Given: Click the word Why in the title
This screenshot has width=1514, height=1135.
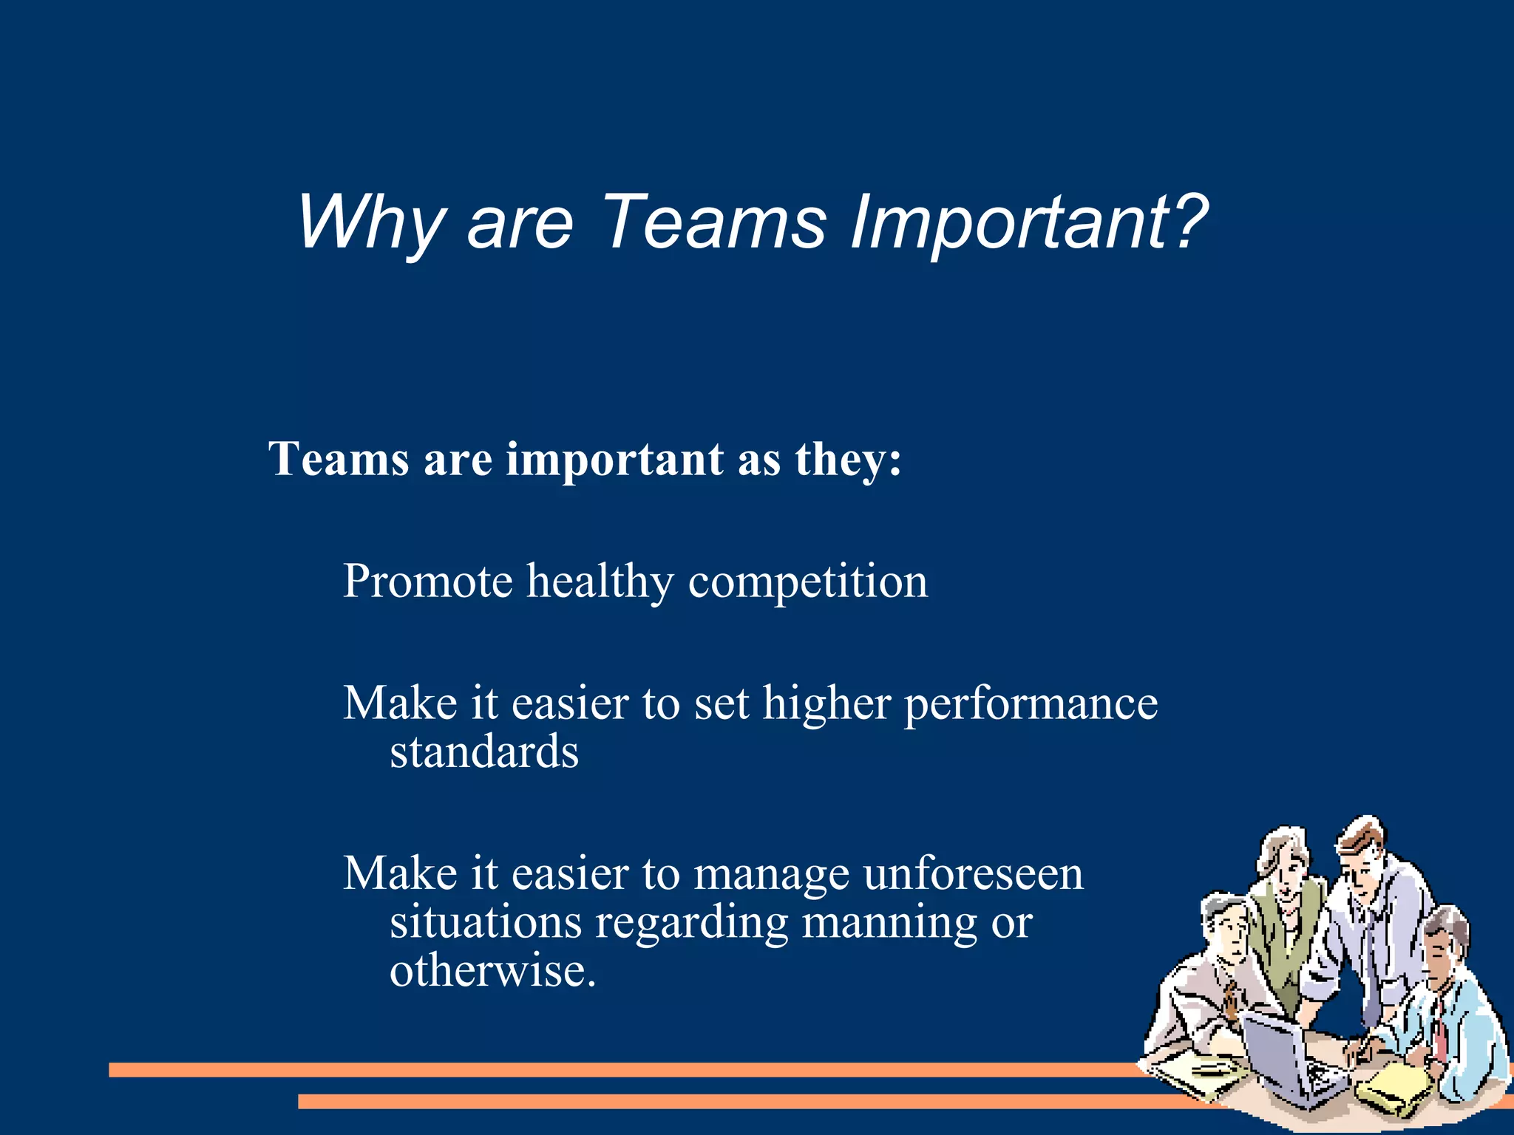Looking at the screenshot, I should click(x=370, y=222).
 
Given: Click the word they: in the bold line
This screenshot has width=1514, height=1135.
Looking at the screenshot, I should click(x=848, y=460).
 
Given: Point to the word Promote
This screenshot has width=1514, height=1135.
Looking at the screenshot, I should click(x=427, y=581).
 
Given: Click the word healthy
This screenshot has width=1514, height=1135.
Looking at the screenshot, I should click(x=600, y=582).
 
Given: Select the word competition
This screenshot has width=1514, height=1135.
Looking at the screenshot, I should click(x=807, y=582).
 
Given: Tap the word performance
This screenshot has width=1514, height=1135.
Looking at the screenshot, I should click(x=1031, y=704).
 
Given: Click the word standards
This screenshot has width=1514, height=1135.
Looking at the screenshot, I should click(x=483, y=752).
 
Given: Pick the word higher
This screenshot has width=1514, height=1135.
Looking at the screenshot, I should click(x=826, y=704).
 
